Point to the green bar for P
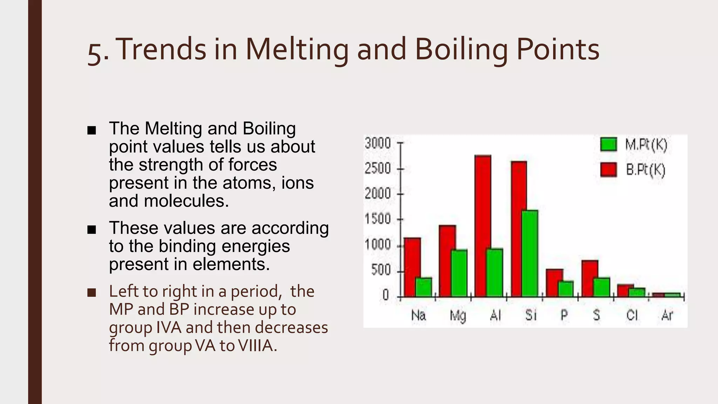tap(566, 289)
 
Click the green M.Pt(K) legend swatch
tap(608, 144)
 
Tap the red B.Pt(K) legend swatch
tap(608, 170)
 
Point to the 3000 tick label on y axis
tap(378, 143)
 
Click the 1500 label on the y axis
tap(378, 219)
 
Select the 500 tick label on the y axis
tap(381, 270)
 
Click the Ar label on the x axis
tap(667, 315)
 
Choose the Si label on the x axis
tap(531, 315)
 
